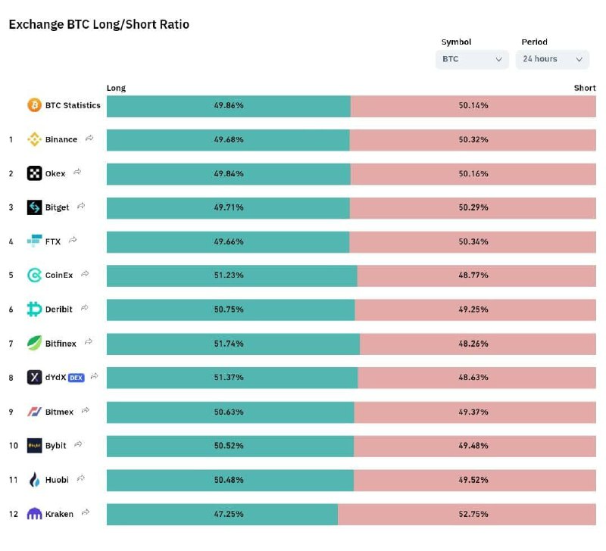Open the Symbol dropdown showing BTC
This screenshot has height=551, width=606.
pyautogui.click(x=472, y=60)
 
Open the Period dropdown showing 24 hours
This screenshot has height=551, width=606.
pyautogui.click(x=552, y=60)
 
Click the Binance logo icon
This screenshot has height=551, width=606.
pyautogui.click(x=34, y=139)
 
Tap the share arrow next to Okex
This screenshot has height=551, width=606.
pyautogui.click(x=77, y=172)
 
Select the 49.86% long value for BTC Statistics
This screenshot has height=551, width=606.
pyautogui.click(x=229, y=105)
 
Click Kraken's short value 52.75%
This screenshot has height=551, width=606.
pyautogui.click(x=473, y=514)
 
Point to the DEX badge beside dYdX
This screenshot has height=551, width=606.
pyautogui.click(x=77, y=378)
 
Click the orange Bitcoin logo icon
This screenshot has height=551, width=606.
pyautogui.click(x=34, y=105)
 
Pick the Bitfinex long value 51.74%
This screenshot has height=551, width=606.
pyautogui.click(x=229, y=344)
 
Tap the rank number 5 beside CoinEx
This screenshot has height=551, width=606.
pyautogui.click(x=11, y=275)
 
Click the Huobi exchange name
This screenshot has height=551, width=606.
pyautogui.click(x=57, y=480)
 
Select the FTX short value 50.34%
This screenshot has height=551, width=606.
pyautogui.click(x=473, y=241)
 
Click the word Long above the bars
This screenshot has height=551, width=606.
pyautogui.click(x=116, y=88)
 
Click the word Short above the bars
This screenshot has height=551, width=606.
pyautogui.click(x=585, y=88)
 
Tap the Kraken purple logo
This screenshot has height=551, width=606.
pyautogui.click(x=34, y=514)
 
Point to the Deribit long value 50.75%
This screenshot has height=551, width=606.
pyautogui.click(x=229, y=310)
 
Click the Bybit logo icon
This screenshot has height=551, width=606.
pyautogui.click(x=34, y=446)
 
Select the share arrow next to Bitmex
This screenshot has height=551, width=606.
pyautogui.click(x=86, y=410)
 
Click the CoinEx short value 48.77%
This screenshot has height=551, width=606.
pyautogui.click(x=473, y=275)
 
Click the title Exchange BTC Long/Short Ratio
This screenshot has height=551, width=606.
pyautogui.click(x=99, y=24)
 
